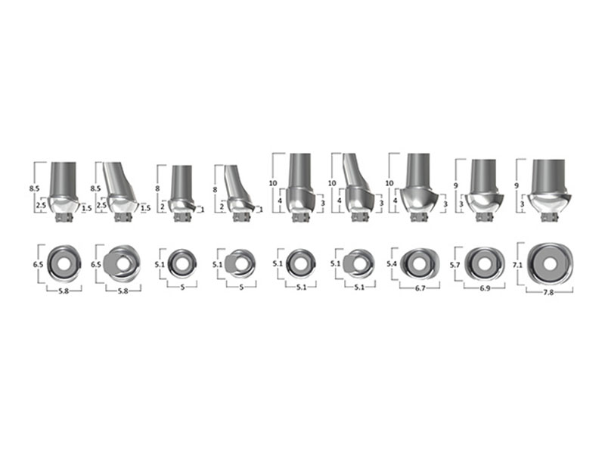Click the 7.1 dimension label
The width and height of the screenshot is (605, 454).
tap(517, 266)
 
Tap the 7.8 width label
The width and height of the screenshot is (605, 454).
tap(548, 293)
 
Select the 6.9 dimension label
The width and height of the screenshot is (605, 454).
tap(485, 288)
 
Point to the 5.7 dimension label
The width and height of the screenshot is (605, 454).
tap(455, 266)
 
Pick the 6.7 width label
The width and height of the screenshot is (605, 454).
tap(420, 288)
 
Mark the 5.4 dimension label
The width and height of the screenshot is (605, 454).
tap(392, 264)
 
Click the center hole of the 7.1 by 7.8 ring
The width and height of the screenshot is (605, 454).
tap(551, 264)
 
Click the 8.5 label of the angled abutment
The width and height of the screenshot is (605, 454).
tap(95, 188)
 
